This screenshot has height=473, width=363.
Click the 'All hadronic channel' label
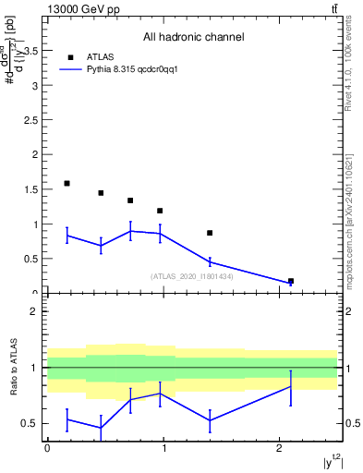point(193,38)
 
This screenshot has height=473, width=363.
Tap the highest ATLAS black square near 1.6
point(67,184)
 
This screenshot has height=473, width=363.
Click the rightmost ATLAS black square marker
point(291,281)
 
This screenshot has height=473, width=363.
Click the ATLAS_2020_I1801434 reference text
point(192,276)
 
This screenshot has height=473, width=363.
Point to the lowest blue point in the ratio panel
point(100,427)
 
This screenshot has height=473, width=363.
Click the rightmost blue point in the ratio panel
point(291,386)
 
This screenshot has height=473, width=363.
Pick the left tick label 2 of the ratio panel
point(36,311)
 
